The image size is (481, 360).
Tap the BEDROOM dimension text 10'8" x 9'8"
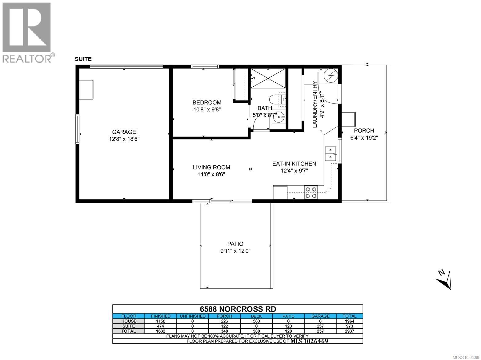coord(207,109)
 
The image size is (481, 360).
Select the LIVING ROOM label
coord(211,168)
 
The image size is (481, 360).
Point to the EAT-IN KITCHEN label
coord(294,164)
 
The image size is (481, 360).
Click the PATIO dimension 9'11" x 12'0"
coord(235,251)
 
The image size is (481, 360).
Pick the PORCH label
coord(364,131)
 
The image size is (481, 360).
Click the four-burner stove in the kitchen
coord(311,192)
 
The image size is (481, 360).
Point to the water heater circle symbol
coord(331,75)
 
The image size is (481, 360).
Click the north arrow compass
coord(444,279)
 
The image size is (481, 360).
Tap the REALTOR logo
coord(27,32)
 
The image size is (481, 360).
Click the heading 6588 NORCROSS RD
coord(237,309)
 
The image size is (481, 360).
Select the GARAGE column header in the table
coord(320,316)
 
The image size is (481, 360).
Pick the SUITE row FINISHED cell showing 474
coord(160,326)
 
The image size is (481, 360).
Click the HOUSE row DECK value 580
coord(256,321)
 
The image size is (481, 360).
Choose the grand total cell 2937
coord(349,331)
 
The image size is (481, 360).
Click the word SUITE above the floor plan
coord(83,59)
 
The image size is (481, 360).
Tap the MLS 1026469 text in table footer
coord(309,341)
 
